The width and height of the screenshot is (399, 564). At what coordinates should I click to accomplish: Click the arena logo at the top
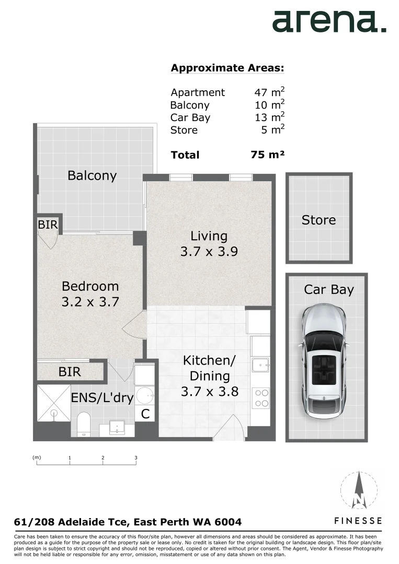point(329,21)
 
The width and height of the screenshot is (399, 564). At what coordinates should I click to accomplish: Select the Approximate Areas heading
point(227,68)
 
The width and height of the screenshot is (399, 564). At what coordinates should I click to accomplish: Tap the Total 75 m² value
point(267,155)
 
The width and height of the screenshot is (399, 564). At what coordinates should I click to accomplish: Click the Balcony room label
point(92,175)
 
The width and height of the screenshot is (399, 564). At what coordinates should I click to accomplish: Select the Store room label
point(318,220)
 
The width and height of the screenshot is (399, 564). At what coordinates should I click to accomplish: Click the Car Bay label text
point(329,289)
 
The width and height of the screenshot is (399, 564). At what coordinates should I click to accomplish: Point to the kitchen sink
point(259,363)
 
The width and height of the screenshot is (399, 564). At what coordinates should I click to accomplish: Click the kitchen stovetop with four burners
point(260,398)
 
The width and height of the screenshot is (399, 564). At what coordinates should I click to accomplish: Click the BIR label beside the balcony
point(48,225)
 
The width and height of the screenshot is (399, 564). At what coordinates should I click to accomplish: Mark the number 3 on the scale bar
point(136,458)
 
